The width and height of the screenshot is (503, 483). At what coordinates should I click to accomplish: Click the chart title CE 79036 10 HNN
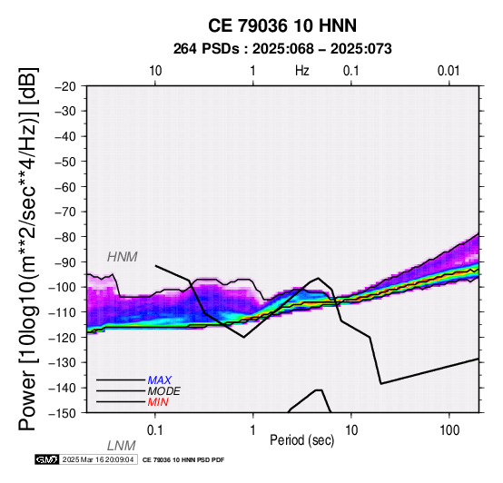[282, 25]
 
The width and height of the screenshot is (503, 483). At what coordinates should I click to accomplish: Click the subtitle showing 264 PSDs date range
[282, 49]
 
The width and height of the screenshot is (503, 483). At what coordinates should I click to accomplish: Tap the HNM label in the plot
[123, 257]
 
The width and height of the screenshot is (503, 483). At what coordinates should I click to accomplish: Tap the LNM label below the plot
[122, 446]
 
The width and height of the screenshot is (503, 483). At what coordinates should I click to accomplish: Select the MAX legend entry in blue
[159, 380]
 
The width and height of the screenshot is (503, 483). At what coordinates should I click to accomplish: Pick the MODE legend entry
[163, 391]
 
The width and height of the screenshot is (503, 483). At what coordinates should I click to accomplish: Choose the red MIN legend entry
[158, 402]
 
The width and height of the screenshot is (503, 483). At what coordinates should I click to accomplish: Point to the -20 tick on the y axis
[65, 86]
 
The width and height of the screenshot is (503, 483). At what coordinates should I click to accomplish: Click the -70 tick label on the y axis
[65, 212]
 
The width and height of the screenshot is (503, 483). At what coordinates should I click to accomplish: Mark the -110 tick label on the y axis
[63, 312]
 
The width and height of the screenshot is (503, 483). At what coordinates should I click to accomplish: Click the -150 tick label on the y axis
[63, 413]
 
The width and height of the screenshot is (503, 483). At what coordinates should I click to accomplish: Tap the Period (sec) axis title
[301, 440]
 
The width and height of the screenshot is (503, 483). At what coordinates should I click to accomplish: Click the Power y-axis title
[27, 249]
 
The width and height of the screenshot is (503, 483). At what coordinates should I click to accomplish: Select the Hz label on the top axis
[301, 71]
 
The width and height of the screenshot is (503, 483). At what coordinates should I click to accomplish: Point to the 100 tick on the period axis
[449, 430]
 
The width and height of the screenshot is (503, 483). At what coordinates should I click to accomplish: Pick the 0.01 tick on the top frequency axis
[449, 71]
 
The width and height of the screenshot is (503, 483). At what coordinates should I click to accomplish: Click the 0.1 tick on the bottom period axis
[155, 430]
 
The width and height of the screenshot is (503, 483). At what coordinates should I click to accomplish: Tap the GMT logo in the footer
[47, 459]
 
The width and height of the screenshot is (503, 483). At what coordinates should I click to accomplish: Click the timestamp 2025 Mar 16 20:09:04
[98, 459]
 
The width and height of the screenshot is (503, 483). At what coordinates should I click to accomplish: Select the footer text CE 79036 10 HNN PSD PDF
[183, 460]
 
